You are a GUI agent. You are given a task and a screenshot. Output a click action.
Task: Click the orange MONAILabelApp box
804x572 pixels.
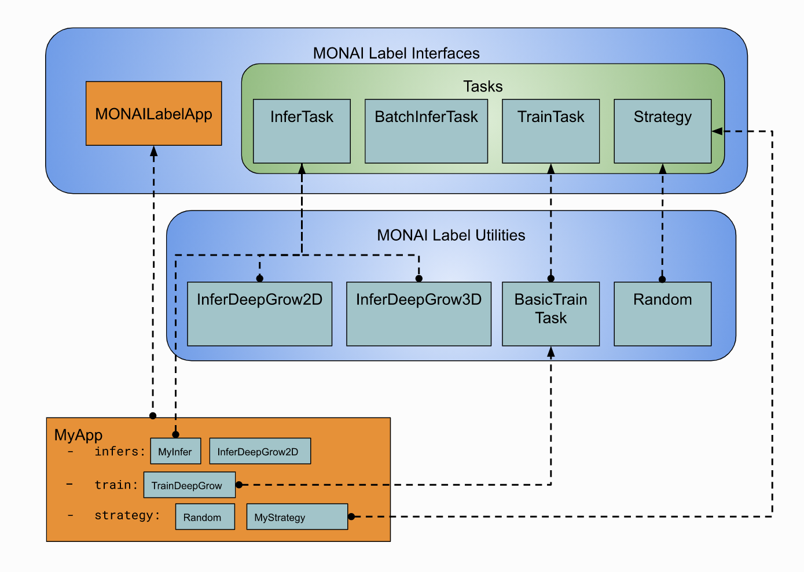[153, 113]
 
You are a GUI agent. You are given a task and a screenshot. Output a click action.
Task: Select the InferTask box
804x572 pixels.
[302, 131]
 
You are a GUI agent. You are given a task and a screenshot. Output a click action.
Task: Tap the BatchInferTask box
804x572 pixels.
[426, 131]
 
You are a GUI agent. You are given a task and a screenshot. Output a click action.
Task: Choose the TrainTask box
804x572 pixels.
[550, 131]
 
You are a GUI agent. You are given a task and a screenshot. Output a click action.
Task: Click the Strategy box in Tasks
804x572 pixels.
[662, 131]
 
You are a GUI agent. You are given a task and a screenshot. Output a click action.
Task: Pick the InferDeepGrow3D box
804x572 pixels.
[418, 314]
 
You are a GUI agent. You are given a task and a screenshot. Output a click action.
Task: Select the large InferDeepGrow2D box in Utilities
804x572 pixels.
[259, 314]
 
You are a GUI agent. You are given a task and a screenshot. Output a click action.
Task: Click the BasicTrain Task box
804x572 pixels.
[550, 314]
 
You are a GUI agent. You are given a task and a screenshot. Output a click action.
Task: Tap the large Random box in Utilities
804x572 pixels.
[662, 314]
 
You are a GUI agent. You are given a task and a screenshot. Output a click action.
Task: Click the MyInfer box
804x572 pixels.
[175, 451]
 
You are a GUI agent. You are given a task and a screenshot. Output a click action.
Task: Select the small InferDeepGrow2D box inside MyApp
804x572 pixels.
[260, 451]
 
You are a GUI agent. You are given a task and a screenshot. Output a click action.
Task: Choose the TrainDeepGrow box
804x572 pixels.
[189, 485]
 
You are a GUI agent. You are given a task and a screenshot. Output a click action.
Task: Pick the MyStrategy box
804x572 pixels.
[297, 516]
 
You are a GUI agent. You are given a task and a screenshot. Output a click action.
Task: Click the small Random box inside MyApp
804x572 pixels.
[205, 516]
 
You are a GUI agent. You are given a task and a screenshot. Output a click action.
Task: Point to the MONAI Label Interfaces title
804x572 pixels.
[396, 53]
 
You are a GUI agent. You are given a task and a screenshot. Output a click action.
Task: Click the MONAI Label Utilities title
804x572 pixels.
[451, 235]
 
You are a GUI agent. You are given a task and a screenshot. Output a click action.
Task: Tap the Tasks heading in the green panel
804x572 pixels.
[483, 87]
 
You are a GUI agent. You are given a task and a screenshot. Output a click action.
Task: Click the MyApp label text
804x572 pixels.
[78, 435]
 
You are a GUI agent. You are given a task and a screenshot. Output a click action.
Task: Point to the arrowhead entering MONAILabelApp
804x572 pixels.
[153, 151]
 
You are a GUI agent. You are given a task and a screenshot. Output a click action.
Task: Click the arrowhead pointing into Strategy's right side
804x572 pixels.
[717, 131]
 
